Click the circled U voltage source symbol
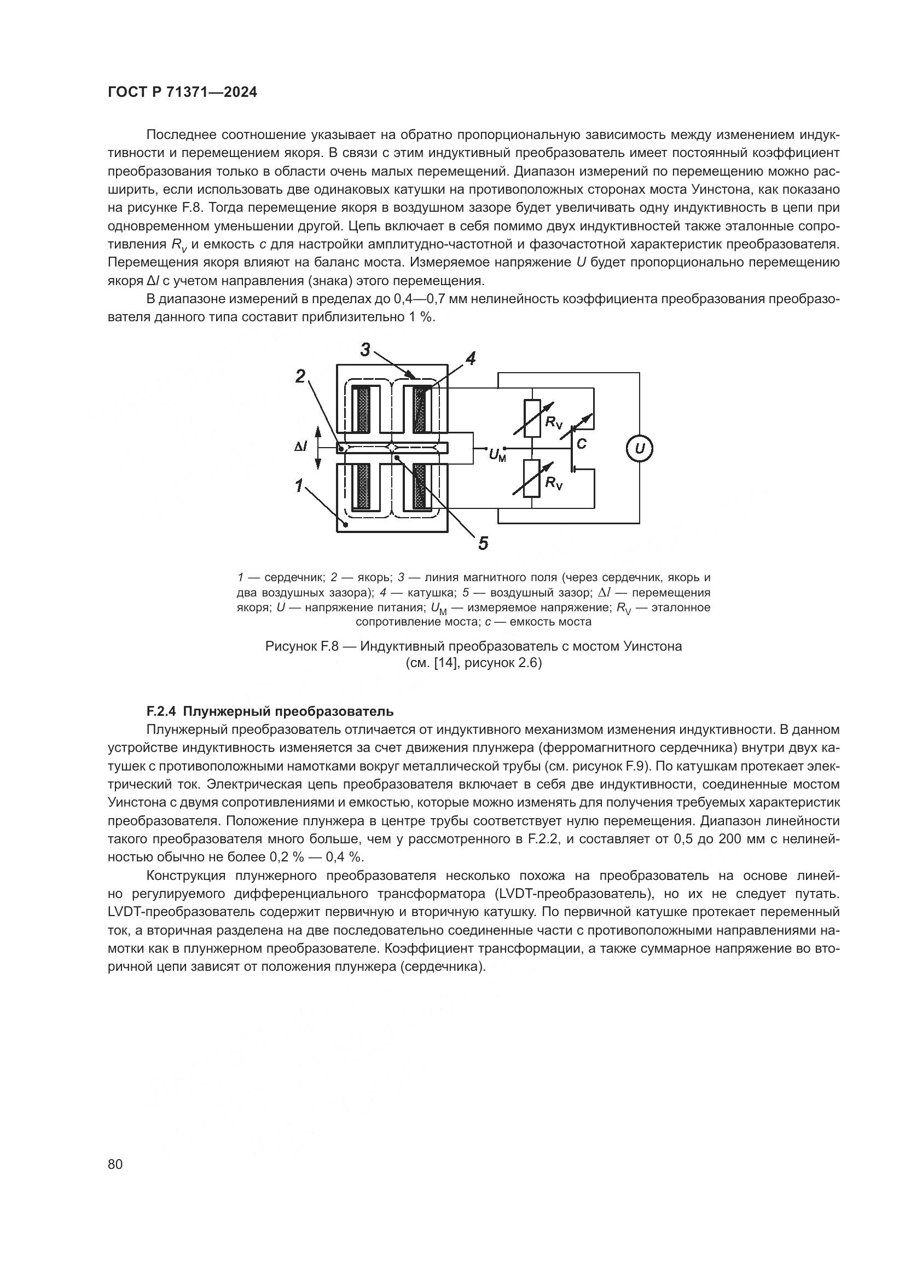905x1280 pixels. [x=640, y=449]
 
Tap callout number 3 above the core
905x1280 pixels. [x=365, y=350]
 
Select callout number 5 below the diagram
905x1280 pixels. [x=483, y=542]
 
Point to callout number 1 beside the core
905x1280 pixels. [x=299, y=485]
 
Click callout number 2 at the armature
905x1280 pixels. [x=300, y=377]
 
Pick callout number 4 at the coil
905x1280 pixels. [x=471, y=358]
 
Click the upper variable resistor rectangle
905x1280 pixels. [x=532, y=418]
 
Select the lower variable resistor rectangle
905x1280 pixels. [x=532, y=478]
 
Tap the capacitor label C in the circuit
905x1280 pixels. [x=582, y=444]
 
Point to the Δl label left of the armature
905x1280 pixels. [x=300, y=447]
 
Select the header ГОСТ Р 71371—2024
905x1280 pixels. [x=182, y=92]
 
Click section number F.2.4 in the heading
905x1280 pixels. [x=161, y=711]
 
